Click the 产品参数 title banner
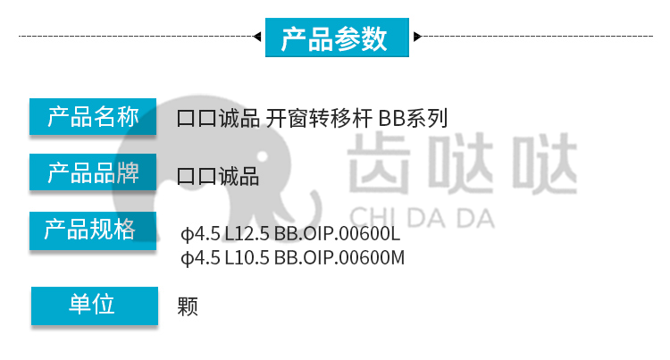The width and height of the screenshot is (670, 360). point(337,38)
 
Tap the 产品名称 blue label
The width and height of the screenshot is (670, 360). point(93,117)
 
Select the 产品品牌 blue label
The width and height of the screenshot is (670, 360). point(93,172)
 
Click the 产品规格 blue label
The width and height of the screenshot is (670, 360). point(93,230)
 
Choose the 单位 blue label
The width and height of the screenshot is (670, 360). point(95,306)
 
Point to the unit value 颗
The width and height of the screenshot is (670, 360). point(188,306)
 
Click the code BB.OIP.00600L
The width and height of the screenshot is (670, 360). point(337,233)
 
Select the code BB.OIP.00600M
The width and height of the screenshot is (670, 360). point(339,257)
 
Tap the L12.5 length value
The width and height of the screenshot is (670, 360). point(247,233)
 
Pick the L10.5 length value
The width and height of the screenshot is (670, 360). point(247,257)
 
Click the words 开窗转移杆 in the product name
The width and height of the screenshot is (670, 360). point(319,118)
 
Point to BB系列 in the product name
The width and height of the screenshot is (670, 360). point(413,118)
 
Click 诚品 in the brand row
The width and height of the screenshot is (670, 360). point(239,176)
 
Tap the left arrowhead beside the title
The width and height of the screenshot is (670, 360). point(257,37)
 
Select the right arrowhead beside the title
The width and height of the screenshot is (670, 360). point(418,37)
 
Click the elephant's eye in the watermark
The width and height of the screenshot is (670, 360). point(262,156)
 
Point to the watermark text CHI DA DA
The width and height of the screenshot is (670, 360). point(423,218)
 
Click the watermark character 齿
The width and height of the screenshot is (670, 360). point(379,163)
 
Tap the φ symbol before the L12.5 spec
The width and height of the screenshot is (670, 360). point(187,234)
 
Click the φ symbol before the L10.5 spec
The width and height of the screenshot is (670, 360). point(187,258)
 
